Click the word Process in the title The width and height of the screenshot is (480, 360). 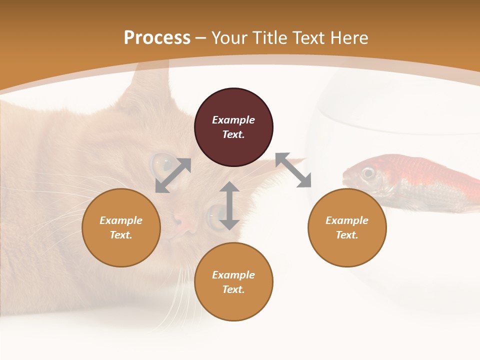coord(157,38)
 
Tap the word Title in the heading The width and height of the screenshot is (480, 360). coord(270,38)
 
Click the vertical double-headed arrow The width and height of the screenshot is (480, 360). coord(229,206)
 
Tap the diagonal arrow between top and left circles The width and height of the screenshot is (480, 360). coord(173,175)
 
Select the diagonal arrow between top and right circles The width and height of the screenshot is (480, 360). coord(293,170)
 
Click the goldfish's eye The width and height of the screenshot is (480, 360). coord(368,173)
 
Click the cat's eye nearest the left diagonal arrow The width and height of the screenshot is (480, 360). coord(161,162)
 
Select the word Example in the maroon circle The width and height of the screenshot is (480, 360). coord(233,120)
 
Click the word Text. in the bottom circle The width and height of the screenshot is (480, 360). coord(233,289)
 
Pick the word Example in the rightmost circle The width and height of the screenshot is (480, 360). coord(347,220)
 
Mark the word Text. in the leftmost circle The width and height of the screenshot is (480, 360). coord(121,235)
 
